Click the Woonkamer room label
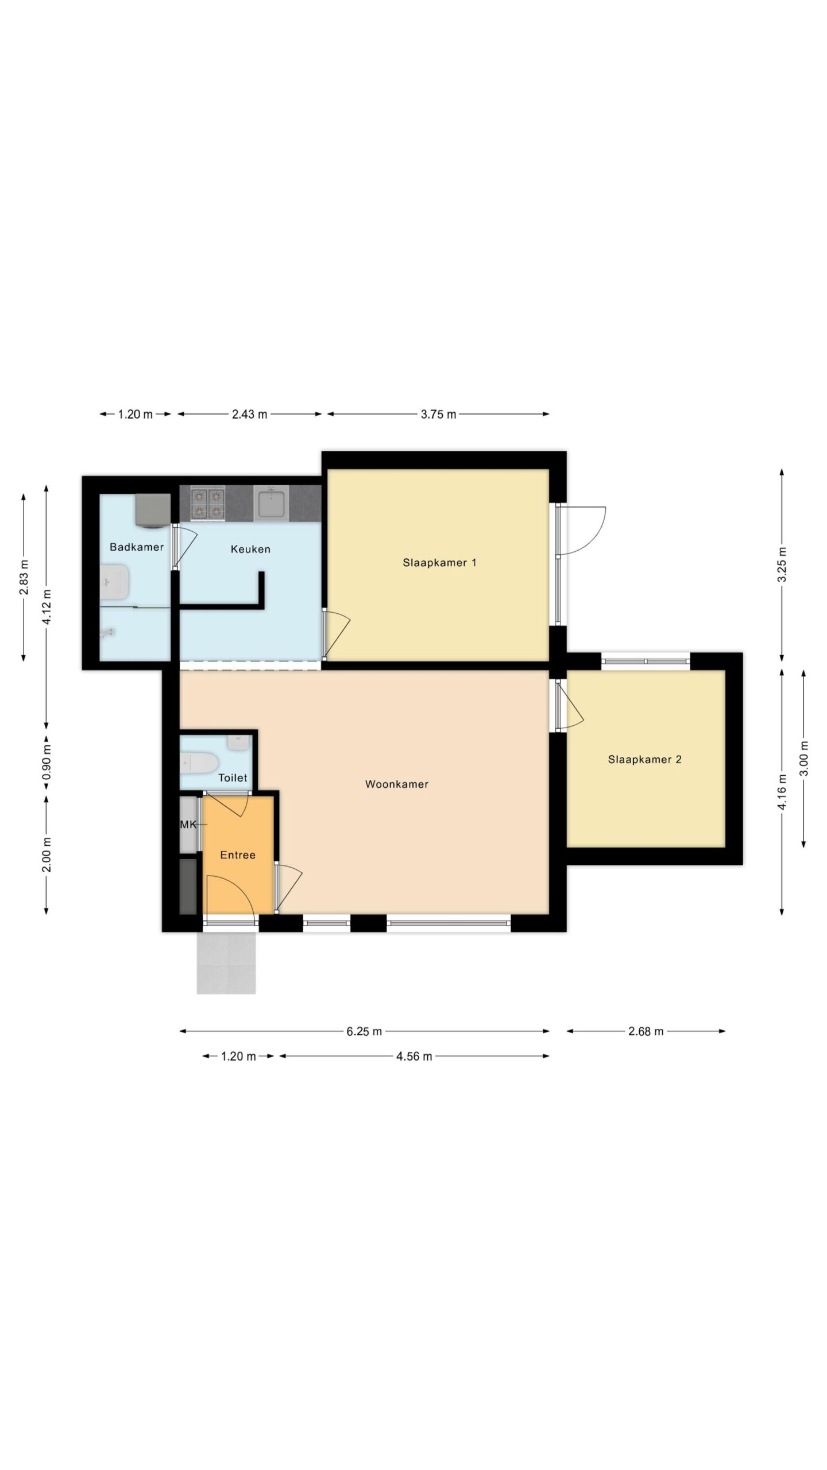click(397, 784)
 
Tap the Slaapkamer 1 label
click(439, 563)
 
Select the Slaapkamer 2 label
click(644, 760)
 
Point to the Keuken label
click(250, 550)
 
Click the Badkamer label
click(137, 547)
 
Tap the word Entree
click(238, 855)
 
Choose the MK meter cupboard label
click(188, 825)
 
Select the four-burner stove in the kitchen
click(207, 504)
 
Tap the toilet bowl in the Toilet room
click(199, 764)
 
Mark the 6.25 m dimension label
click(364, 1031)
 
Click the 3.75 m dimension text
click(439, 414)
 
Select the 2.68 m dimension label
click(646, 1031)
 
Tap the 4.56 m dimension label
click(414, 1056)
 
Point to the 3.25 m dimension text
click(782, 564)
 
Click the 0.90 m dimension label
click(47, 761)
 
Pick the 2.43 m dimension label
click(250, 414)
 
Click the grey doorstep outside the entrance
click(226, 963)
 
